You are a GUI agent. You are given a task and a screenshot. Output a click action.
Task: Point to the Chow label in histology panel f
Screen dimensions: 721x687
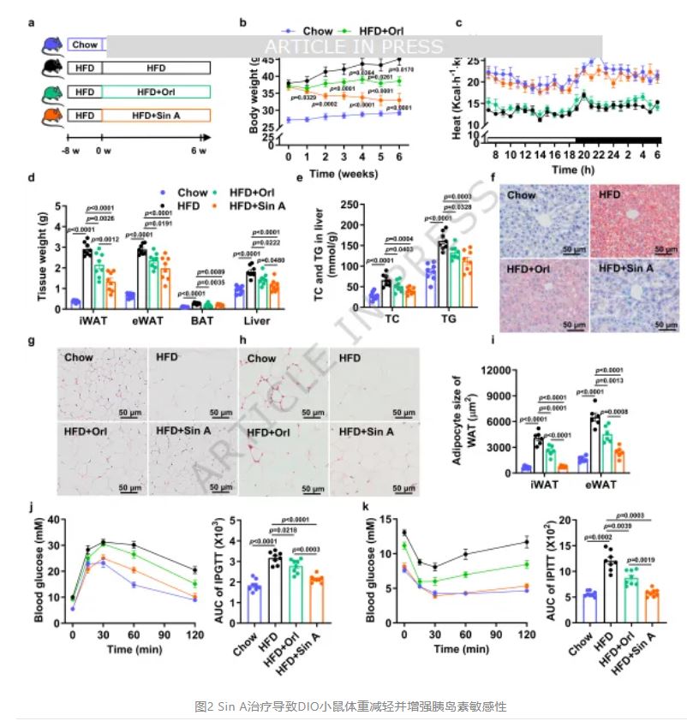[x=523, y=194]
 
